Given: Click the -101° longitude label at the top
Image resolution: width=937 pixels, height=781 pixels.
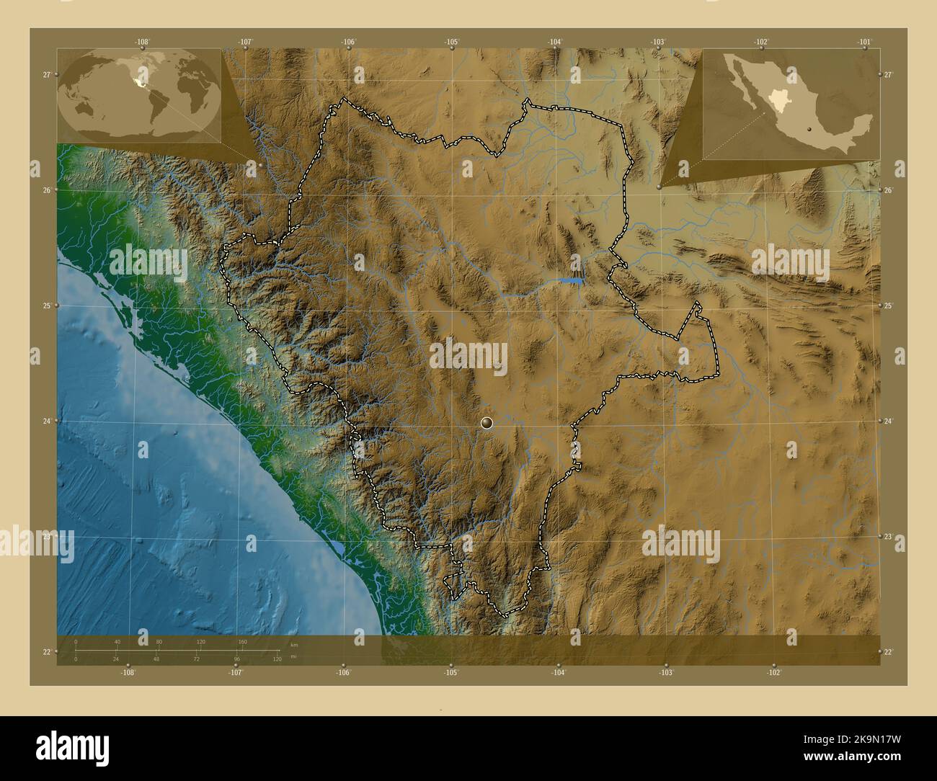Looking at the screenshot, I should (865, 42).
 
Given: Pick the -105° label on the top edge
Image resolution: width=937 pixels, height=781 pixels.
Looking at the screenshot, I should (452, 42).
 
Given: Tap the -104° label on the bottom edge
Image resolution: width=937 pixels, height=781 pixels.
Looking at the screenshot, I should (559, 672).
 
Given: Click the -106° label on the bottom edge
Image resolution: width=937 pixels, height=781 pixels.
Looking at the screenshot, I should (343, 672).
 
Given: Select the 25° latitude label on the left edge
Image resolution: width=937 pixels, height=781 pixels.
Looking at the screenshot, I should (46, 306).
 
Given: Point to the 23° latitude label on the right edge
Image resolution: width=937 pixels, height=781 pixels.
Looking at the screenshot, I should (888, 537).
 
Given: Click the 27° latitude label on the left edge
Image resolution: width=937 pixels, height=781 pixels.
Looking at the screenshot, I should (46, 74).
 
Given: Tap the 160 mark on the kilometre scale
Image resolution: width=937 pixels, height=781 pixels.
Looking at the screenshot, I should (242, 641).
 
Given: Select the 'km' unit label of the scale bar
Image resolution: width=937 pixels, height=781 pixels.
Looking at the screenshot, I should (293, 645).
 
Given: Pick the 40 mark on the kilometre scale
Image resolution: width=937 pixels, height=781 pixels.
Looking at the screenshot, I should (117, 641).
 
